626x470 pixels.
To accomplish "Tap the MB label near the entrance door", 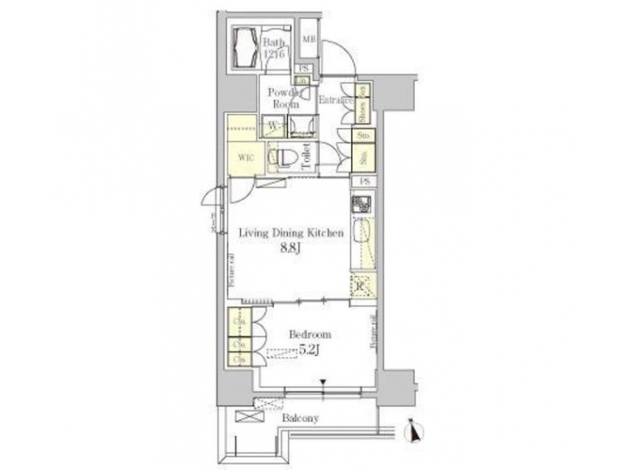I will point(309,39).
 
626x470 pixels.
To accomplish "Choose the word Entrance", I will point(334,101).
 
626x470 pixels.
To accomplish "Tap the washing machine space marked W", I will point(273,125).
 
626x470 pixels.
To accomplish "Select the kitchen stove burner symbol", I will point(362,207).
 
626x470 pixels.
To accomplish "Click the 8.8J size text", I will point(290,248).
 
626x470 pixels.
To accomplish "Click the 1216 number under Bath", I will point(274,51).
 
